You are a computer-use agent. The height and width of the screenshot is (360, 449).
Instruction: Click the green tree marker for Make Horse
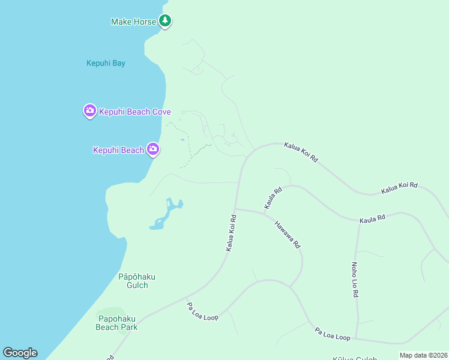click(165, 21)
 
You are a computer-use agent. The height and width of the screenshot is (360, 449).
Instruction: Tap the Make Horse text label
click(134, 22)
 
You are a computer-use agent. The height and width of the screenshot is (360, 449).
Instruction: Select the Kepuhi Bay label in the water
click(106, 63)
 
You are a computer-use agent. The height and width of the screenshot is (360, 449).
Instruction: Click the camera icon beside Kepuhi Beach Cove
click(89, 111)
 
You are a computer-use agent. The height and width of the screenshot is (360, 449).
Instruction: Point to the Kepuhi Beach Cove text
click(135, 112)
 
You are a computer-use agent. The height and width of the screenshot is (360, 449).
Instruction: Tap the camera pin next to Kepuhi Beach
click(153, 149)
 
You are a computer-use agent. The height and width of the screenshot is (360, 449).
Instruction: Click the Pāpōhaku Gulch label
click(137, 281)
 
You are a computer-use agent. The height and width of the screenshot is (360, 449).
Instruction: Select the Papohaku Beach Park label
click(116, 323)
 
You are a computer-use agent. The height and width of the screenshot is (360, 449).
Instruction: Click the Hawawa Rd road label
click(287, 235)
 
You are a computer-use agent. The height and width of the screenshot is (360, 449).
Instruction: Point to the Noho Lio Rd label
click(354, 280)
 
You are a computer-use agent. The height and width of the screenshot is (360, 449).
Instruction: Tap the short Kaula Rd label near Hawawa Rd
click(273, 199)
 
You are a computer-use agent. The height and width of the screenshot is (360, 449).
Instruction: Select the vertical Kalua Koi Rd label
click(231, 233)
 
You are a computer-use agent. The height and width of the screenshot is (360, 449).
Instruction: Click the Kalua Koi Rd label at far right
click(399, 188)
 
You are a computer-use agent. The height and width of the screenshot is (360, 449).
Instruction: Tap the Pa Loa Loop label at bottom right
click(333, 334)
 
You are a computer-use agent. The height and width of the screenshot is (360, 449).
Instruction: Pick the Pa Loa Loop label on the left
click(202, 311)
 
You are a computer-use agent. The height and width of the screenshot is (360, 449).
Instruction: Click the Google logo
click(20, 353)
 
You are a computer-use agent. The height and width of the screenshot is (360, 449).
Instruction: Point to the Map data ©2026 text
click(423, 355)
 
